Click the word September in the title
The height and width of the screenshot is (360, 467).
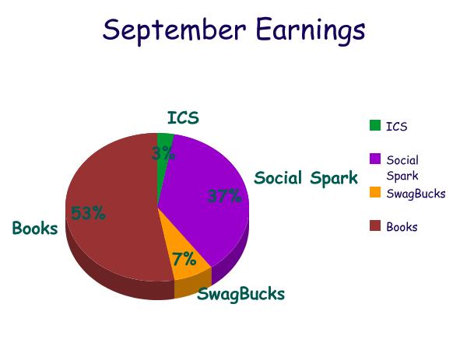(174, 30)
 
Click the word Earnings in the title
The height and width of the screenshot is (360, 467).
(311, 30)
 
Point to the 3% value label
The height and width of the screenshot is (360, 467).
(163, 153)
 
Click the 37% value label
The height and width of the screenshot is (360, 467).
(224, 197)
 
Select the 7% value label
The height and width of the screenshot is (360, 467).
(184, 259)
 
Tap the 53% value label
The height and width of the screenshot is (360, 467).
(89, 213)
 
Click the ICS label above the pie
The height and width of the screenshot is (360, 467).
(183, 118)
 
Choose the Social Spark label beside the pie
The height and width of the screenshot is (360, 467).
(306, 178)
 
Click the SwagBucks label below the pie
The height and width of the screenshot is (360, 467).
(241, 294)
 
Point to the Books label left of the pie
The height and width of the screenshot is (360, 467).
(35, 229)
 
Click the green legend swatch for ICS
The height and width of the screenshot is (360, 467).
(375, 125)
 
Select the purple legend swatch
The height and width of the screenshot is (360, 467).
(375, 159)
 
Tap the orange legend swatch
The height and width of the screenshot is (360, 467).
(375, 192)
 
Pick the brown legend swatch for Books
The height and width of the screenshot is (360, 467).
(375, 225)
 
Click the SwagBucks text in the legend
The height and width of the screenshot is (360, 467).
(416, 194)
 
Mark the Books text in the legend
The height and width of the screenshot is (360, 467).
(402, 227)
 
